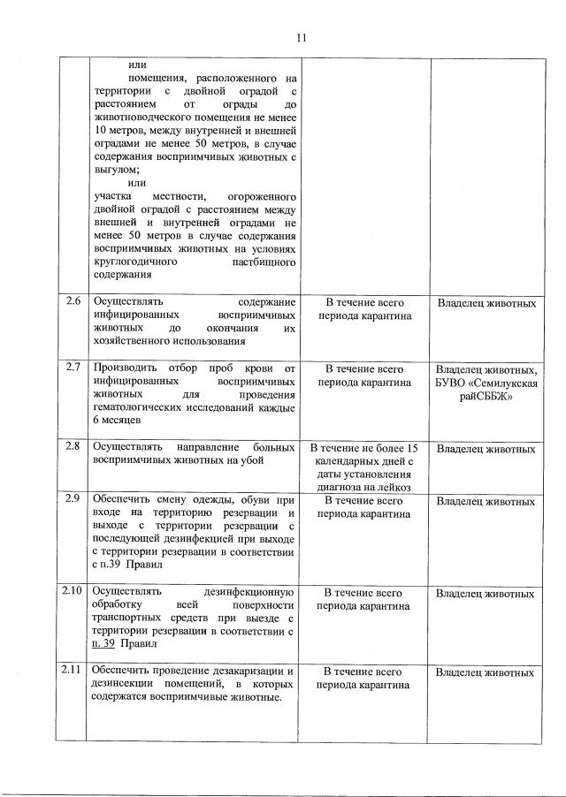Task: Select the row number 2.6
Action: [73, 302]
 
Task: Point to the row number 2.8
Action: [73, 446]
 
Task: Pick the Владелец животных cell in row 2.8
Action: [486, 449]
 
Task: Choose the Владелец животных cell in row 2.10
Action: [486, 594]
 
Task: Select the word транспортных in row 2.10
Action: [129, 619]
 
